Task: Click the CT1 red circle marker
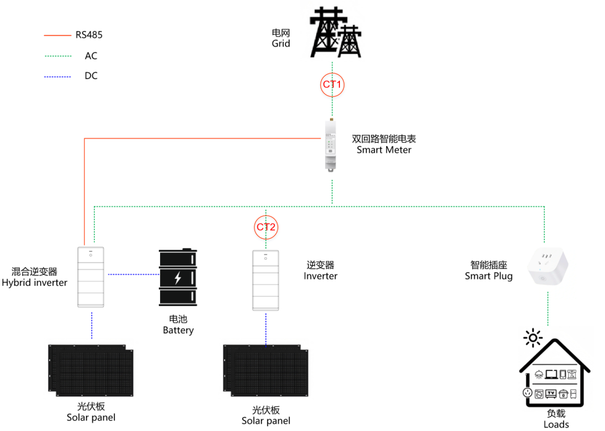coord(332,84)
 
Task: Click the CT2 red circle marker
coord(266,227)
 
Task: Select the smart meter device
coord(331,146)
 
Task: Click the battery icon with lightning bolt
coord(178,278)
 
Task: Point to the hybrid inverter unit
coord(91,277)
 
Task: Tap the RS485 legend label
coord(88,35)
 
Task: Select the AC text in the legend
coord(91,56)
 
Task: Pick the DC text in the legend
coord(91,76)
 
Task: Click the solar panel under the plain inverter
coord(266,371)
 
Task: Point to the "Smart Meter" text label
coord(384,150)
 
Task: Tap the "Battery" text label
coord(178,330)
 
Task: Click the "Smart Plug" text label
coord(488,276)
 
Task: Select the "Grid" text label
coord(281,43)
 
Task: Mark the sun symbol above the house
coord(532,338)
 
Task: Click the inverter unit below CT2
coord(266,280)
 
